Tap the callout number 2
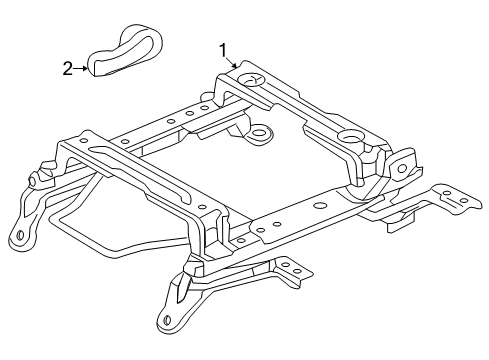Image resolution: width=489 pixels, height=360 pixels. (x=67, y=69)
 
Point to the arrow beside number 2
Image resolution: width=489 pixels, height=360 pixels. (x=81, y=69)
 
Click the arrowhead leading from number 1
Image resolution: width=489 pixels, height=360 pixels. (x=237, y=65)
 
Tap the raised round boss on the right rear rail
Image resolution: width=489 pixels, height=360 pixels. (x=353, y=138)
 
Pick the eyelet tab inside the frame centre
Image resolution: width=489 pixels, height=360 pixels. (x=260, y=132)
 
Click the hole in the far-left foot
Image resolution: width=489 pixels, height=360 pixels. (x=18, y=239)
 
